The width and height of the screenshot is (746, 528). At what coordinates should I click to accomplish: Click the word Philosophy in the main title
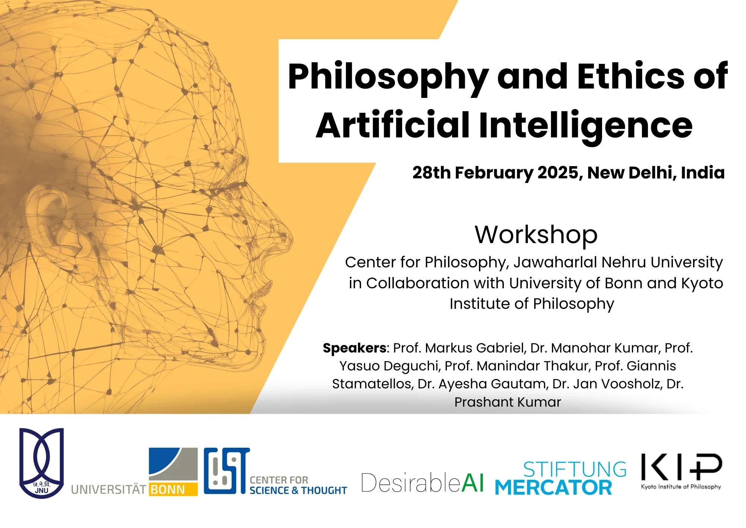point(388,78)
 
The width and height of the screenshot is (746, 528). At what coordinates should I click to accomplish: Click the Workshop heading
point(536,235)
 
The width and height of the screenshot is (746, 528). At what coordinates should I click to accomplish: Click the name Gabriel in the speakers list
point(501,348)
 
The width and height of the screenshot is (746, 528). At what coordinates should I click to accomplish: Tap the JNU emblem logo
point(42,463)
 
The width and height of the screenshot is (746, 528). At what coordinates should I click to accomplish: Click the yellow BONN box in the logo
point(173,490)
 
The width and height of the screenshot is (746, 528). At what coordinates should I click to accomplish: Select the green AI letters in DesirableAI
point(473,483)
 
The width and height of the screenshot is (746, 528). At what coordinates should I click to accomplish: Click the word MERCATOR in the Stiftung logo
point(554,488)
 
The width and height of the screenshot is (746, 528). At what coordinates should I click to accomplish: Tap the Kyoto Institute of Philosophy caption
point(681,487)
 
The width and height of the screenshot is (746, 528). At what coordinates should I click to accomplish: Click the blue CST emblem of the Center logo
point(227,471)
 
